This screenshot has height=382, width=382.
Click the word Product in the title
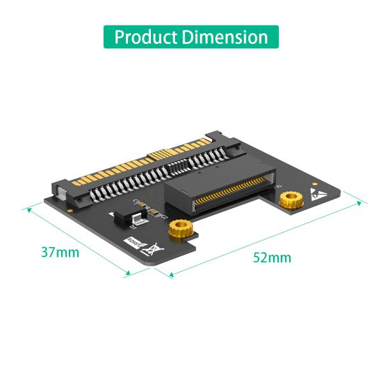coord(145,36)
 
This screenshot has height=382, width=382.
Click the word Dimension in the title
coord(224,36)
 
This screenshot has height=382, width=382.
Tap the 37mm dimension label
coord(60,251)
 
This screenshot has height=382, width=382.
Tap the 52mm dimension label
coord(272,257)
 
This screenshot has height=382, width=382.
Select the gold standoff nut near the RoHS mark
coord(178,229)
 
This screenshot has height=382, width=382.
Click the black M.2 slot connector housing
coord(216,185)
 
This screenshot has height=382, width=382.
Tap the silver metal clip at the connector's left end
coord(60,190)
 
